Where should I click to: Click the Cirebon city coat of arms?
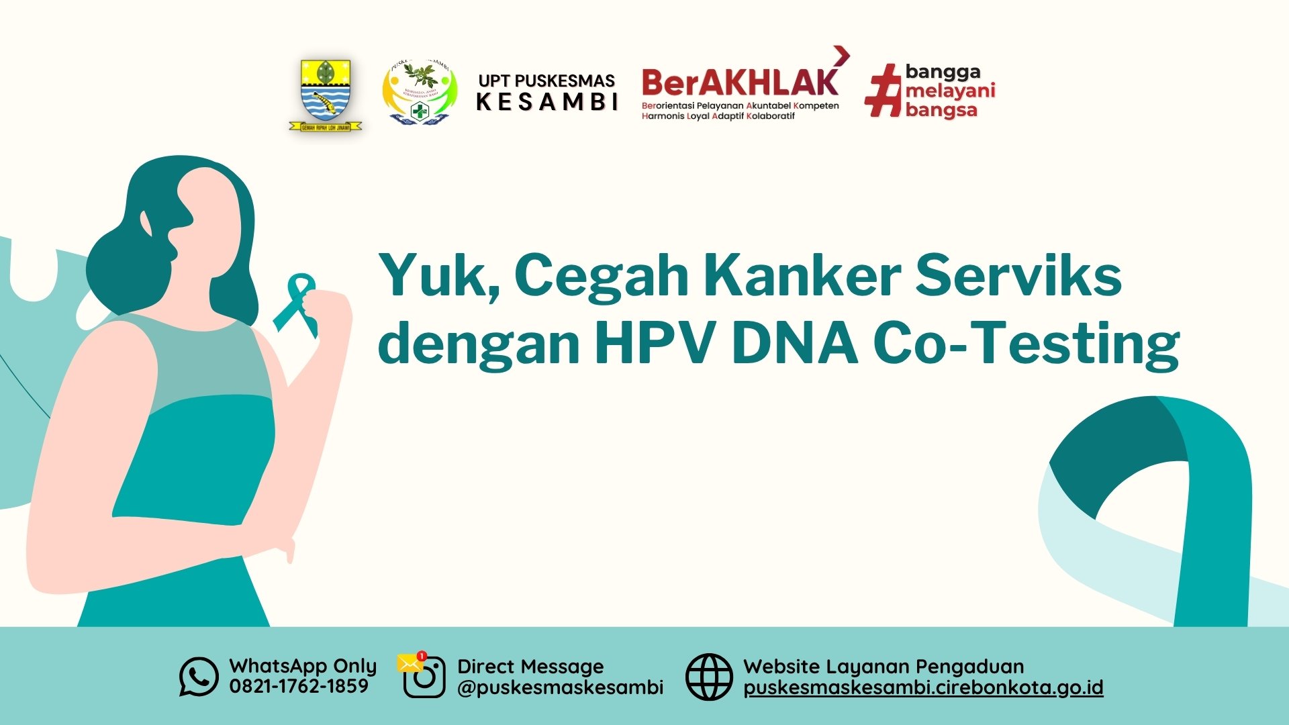coord(326,94)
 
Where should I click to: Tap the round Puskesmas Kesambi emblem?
coord(420,93)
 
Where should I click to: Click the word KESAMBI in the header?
coord(547,102)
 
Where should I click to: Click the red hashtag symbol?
coord(883,91)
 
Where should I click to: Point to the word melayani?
coord(950,91)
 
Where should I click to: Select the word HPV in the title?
coord(655,342)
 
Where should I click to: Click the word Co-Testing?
coord(1026,342)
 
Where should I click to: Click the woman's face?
coord(208,228)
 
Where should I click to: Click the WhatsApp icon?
coord(199,677)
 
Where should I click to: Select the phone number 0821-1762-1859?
coord(299,686)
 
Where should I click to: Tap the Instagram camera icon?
coord(425,677)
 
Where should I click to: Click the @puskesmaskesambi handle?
coord(560,687)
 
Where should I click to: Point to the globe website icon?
coord(709,677)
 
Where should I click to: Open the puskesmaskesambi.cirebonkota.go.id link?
coord(923,687)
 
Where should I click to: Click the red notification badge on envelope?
coord(422,656)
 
